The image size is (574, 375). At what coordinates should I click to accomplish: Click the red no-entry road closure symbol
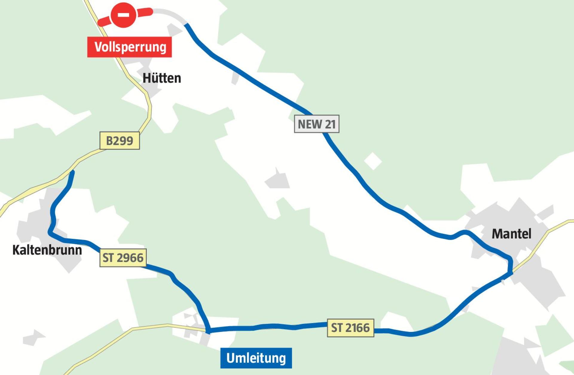123,15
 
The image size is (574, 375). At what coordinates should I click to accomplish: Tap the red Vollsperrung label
129,47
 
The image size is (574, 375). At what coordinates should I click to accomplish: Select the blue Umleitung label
256,358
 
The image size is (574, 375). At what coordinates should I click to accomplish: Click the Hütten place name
162,78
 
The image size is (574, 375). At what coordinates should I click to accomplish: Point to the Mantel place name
512,234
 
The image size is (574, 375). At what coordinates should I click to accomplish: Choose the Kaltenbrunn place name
47,250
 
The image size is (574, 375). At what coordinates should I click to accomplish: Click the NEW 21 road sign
317,124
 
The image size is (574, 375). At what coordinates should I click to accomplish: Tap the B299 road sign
120,140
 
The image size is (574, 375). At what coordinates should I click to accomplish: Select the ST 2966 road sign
123,258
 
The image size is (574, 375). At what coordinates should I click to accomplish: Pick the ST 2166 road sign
350,328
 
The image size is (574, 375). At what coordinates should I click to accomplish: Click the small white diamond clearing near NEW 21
373,161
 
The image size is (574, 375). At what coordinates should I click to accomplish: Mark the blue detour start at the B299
72,172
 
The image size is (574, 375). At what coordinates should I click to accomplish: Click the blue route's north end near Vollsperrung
187,25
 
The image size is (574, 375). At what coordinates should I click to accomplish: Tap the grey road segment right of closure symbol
169,13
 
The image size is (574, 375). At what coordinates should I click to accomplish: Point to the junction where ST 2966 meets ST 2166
208,330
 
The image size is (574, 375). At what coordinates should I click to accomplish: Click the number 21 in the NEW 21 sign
330,124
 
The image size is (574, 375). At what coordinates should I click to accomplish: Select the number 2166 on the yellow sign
357,328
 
